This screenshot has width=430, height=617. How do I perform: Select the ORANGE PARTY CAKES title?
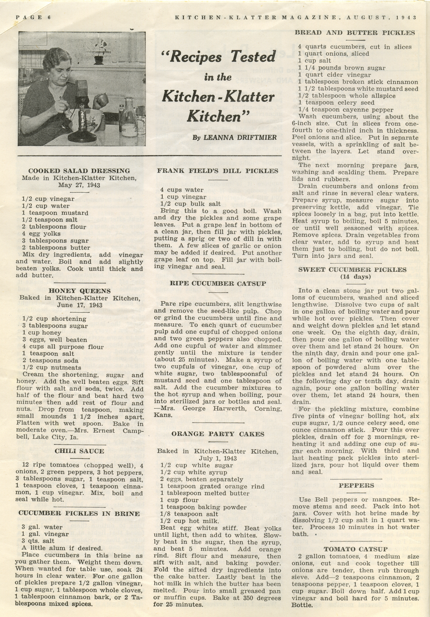[x=218, y=434]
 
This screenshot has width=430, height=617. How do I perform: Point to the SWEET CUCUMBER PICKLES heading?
[x=356, y=270]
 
